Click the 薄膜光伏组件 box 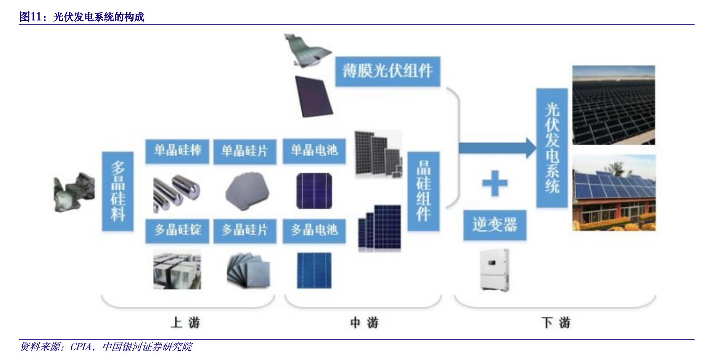coord(388,71)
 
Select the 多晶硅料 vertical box coord(117,191)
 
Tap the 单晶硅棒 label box coord(177,151)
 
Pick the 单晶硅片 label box coord(244,151)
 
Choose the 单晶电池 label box coord(314,151)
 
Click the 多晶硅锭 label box coord(177,230)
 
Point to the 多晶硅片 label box coord(244,230)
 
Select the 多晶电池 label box coord(314,230)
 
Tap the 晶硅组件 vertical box coord(423,191)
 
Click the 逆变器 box coord(495,225)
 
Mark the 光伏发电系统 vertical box coord(552,148)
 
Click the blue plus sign coord(495,183)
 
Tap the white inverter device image coord(494,270)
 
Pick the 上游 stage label coord(185,323)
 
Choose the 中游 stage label coord(364,323)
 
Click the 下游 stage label coord(556,323)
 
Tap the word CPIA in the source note coord(81,347)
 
